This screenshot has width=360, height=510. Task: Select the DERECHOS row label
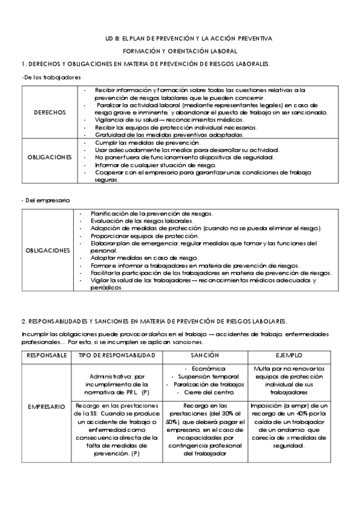[x=50, y=112]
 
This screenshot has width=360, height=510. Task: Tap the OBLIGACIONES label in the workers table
[x=50, y=157]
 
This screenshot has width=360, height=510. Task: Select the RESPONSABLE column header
[x=47, y=355]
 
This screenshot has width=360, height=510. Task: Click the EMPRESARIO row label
[x=47, y=407]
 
